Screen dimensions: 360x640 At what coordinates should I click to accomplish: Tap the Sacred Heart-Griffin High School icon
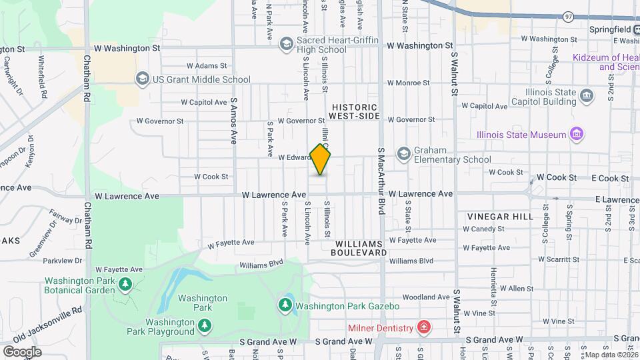coord(287,44)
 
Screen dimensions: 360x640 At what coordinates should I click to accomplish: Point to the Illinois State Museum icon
coord(577,135)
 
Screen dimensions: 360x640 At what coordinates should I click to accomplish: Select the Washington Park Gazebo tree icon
coord(285,305)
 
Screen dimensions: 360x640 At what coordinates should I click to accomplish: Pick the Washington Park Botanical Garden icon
coord(125,285)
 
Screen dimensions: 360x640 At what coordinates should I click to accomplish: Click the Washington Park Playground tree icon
coord(206,325)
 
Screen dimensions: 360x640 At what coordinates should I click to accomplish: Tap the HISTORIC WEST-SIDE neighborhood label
coord(355,111)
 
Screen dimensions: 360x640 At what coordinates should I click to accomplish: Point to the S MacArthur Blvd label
coord(382,181)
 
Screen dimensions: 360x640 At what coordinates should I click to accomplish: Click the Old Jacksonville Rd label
coord(47,326)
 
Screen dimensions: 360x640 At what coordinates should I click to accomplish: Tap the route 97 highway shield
coord(567,16)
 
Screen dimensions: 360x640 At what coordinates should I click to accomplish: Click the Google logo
coord(21,351)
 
